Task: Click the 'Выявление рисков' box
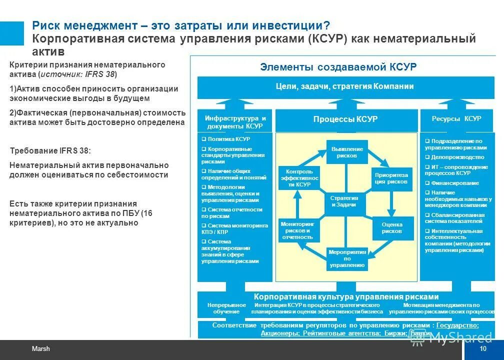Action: pos(347,152)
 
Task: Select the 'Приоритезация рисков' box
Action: pos(391,178)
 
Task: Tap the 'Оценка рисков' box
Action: pos(391,228)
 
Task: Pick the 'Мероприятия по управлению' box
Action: pos(347,258)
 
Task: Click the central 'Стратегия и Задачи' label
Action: pos(343,201)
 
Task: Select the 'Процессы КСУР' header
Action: pos(345,119)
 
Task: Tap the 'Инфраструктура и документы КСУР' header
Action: pos(235,122)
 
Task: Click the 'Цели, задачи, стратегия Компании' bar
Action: pos(344,86)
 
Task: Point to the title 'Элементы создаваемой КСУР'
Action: pos(338,67)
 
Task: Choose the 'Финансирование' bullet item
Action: pos(451,183)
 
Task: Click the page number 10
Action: pos(482,348)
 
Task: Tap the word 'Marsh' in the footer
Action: pos(41,348)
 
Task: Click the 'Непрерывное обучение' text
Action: pos(226,308)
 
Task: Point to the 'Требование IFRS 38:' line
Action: pos(50,150)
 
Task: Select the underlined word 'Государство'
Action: pos(457,325)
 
